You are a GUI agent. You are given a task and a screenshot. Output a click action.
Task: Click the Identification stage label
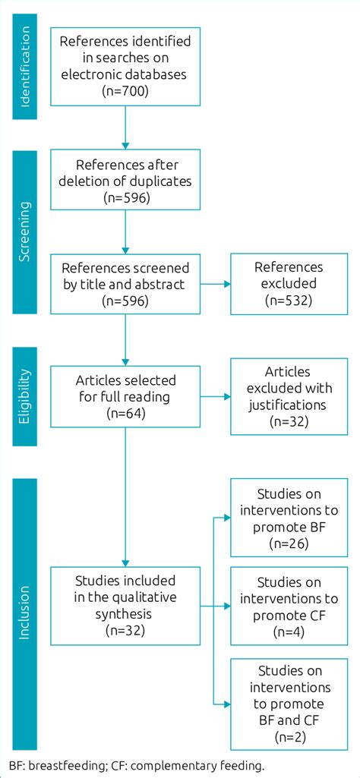(24, 66)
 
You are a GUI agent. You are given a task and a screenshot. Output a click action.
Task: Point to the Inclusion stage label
(24, 612)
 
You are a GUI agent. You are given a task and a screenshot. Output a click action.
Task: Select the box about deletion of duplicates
(125, 181)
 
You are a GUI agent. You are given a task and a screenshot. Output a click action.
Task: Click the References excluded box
(288, 284)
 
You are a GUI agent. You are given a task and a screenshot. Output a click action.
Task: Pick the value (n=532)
(288, 301)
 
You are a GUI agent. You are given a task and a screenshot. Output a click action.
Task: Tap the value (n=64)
(125, 414)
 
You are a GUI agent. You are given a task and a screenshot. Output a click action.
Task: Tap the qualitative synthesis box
(125, 605)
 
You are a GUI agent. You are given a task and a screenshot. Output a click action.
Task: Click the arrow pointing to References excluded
(216, 284)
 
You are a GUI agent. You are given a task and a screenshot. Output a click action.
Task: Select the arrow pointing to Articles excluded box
(216, 397)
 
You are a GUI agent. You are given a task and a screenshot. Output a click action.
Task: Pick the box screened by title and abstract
(125, 284)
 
